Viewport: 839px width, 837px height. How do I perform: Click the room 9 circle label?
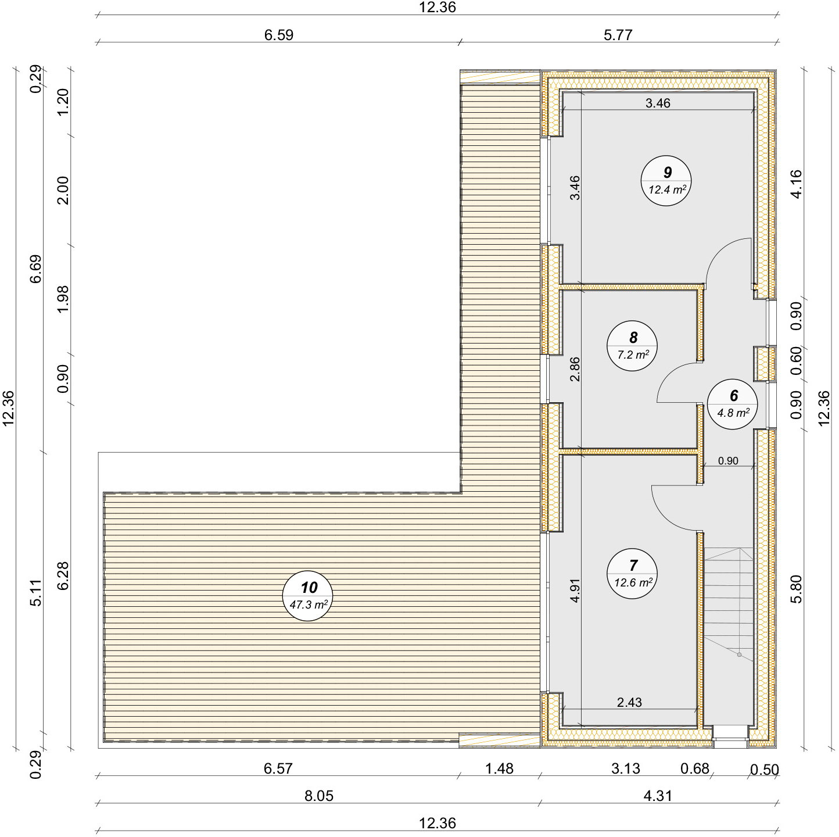[x=666, y=180]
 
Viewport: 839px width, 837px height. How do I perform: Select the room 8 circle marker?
[x=632, y=346]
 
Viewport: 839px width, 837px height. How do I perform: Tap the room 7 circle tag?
[x=632, y=573]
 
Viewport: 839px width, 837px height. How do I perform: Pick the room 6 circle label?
[x=732, y=404]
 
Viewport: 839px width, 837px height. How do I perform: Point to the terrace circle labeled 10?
[x=308, y=596]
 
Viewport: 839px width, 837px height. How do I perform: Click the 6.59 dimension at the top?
[x=279, y=35]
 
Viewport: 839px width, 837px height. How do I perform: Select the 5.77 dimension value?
[x=618, y=35]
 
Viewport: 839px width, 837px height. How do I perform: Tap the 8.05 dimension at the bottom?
[x=319, y=796]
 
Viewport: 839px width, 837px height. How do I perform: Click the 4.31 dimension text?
[x=658, y=796]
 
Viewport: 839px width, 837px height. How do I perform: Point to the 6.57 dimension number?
[x=278, y=768]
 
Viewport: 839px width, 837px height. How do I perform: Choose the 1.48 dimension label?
[x=500, y=768]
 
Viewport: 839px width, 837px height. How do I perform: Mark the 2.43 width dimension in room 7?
[x=629, y=702]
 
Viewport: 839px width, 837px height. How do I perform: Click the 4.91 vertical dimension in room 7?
[x=575, y=591]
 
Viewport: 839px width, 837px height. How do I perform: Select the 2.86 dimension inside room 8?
[x=575, y=369]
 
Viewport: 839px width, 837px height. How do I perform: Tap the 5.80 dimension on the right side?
[x=796, y=589]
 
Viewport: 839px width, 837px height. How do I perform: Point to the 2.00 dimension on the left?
[x=63, y=190]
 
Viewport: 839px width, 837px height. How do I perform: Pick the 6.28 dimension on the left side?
[x=63, y=575]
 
